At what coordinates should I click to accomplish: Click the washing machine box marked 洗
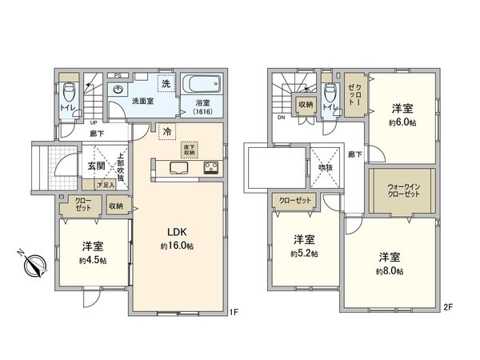pyautogui.click(x=165, y=84)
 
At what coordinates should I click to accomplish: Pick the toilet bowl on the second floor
pyautogui.click(x=330, y=90)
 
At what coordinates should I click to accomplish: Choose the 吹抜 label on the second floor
pyautogui.click(x=326, y=168)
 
